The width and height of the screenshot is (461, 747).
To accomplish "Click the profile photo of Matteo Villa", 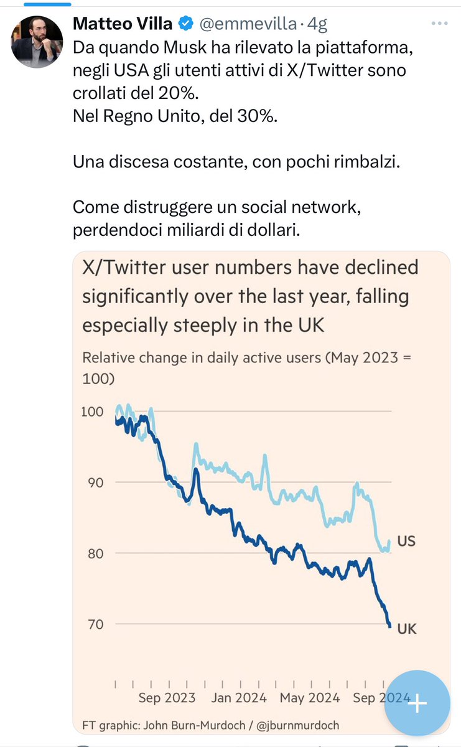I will coord(37,42).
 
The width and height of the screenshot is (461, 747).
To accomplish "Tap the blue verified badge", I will coord(185,24).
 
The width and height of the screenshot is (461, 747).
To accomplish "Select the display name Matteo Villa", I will coord(123,24).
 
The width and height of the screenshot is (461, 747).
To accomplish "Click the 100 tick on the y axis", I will coord(91,411).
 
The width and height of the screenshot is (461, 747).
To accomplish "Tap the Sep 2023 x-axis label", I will coord(167,698).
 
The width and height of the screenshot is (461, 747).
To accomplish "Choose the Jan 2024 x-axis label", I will coord(239,698).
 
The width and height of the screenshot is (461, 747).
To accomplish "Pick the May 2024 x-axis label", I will coord(310,698).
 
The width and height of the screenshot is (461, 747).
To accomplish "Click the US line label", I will coord(406,542).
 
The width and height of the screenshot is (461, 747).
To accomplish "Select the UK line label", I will coord(406,629).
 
